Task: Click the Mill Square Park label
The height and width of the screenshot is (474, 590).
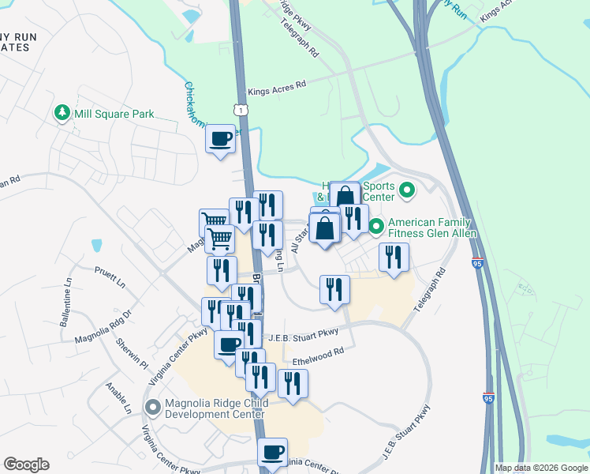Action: [114, 114]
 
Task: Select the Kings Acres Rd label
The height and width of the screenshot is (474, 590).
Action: [276, 88]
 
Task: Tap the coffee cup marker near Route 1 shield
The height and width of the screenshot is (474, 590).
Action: [220, 140]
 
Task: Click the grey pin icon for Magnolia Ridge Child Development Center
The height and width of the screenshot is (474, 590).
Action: [152, 408]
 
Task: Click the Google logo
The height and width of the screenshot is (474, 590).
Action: [26, 465]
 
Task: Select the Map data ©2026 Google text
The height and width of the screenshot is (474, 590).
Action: [540, 468]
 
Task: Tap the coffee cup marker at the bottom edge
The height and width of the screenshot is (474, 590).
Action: [273, 453]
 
